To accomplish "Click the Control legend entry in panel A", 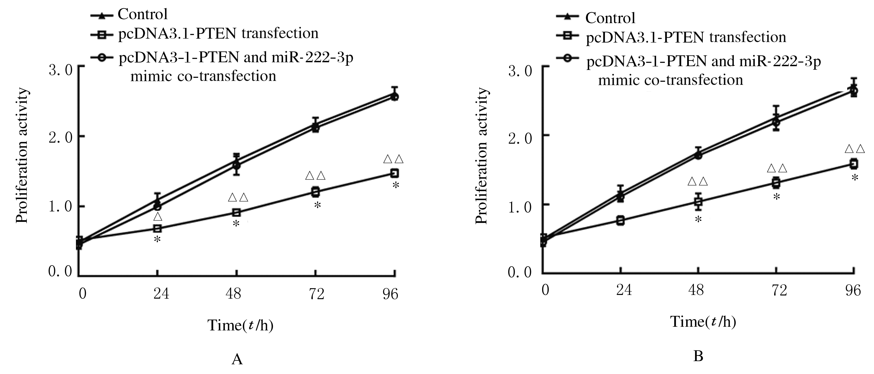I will pyautogui.click(x=142, y=14).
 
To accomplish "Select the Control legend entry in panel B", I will pyautogui.click(x=610, y=18).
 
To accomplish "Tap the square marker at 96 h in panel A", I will pyautogui.click(x=394, y=173).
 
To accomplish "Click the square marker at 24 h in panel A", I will pyautogui.click(x=157, y=228).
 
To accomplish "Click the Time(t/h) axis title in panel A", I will pyautogui.click(x=240, y=325).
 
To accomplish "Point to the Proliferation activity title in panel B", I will pyautogui.click(x=481, y=156).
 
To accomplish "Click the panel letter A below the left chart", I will pyautogui.click(x=237, y=359).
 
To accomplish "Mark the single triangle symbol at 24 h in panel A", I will pyautogui.click(x=158, y=217).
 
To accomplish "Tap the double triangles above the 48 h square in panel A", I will pyautogui.click(x=238, y=197).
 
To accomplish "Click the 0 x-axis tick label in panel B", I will pyautogui.click(x=545, y=290).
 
